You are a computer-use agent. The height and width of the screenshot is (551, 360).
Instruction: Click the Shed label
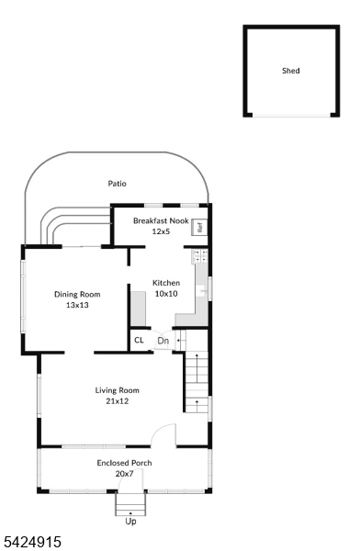[x=291, y=71]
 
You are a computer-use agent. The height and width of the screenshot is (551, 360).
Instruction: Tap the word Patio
[x=117, y=184]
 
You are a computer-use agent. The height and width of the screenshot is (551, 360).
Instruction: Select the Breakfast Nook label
[x=161, y=220]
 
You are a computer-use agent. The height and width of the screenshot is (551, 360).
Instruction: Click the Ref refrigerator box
[x=199, y=228]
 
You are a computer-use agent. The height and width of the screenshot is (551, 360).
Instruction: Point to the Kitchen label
[x=166, y=283]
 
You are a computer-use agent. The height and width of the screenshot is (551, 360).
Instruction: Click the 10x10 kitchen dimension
[x=166, y=294]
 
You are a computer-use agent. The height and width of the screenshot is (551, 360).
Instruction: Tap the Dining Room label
[x=77, y=295]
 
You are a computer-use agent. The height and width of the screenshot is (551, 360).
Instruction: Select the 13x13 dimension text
[x=77, y=305]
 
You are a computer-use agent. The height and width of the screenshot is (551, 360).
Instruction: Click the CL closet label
[x=139, y=340]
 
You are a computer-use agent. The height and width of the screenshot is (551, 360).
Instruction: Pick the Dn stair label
[x=163, y=341]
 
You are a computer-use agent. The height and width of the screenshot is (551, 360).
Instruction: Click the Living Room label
[x=117, y=390]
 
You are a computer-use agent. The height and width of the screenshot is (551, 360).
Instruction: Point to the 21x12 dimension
[x=117, y=401]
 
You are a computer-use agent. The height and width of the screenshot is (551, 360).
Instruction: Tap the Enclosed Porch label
[x=125, y=463]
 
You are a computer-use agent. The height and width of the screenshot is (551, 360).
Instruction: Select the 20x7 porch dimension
[x=125, y=474]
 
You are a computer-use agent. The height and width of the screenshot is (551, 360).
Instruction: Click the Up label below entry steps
[x=130, y=522]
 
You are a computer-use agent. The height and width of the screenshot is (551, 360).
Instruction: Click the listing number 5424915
[x=32, y=542]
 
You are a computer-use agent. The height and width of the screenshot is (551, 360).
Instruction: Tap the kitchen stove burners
[x=200, y=256]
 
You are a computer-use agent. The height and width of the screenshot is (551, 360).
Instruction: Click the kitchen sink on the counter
[x=201, y=291]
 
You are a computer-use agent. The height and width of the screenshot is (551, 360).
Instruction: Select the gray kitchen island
[x=138, y=309]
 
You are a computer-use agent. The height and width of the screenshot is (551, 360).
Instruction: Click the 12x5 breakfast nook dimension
[x=161, y=231]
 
